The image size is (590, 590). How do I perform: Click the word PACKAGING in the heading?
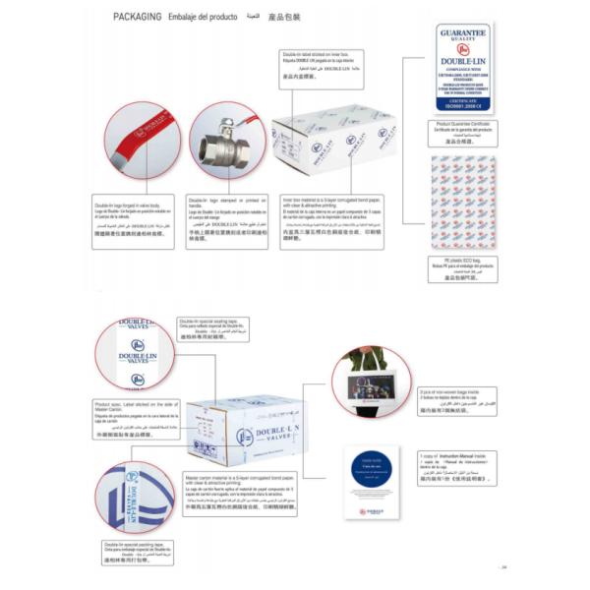[137, 17]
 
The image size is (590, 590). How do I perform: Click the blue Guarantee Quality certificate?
[462, 68]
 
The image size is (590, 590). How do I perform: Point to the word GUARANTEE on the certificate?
[462, 33]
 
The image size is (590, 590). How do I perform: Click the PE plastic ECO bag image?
[462, 202]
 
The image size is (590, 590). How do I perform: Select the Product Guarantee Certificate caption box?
[462, 132]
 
